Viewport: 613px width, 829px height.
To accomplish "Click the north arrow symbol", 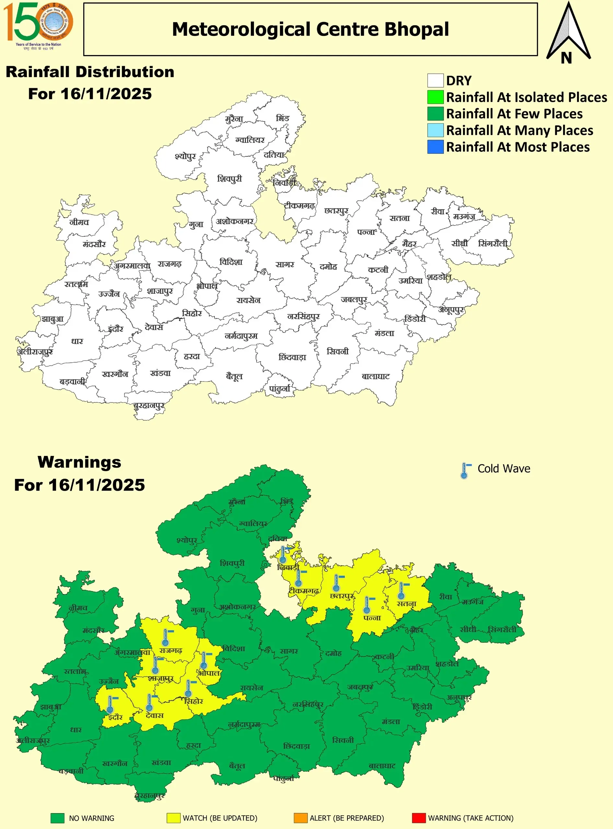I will click(568, 33).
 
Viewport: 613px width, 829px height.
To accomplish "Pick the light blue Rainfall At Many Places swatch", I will click(435, 130).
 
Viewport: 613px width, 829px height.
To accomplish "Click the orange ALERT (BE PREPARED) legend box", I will click(301, 818).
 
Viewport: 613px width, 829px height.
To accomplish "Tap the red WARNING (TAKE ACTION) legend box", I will click(419, 818).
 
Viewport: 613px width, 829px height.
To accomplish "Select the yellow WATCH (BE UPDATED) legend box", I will click(173, 818).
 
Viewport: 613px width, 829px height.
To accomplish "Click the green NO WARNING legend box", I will click(58, 818).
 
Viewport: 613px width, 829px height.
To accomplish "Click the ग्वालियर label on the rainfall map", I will click(250, 140).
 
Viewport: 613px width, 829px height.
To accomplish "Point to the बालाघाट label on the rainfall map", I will click(376, 377).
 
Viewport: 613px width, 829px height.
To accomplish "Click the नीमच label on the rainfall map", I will click(79, 222).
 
